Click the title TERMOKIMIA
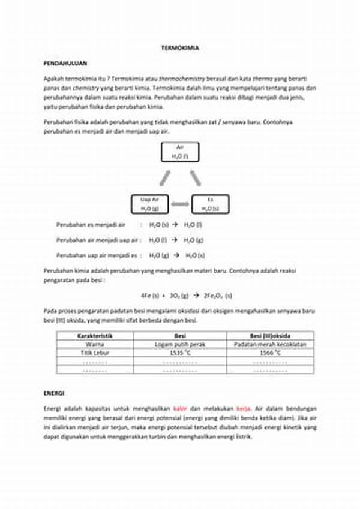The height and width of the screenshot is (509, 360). [180, 47]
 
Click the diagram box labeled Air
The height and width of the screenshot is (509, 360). [179, 152]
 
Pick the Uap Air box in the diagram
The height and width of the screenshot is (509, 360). [149, 204]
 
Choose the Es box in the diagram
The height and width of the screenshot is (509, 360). [210, 204]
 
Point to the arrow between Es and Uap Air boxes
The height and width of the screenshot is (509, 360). [179, 204]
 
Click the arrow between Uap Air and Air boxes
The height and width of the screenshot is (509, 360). [164, 177]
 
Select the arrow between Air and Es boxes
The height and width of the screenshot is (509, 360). [196, 177]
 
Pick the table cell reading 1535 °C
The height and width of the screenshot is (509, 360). [180, 354]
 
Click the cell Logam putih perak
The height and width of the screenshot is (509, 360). [180, 345]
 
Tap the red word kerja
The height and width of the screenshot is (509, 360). [243, 408]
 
